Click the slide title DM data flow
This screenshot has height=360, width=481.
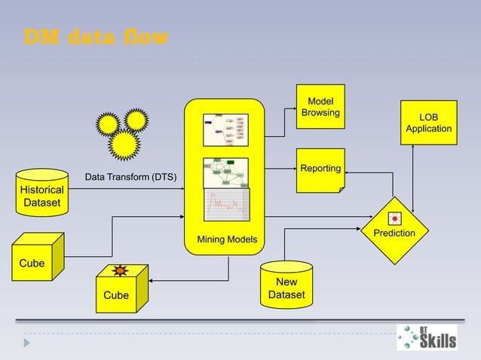coord(97,37)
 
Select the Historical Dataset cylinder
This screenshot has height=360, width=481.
coord(41,193)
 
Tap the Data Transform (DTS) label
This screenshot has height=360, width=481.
coord(130,178)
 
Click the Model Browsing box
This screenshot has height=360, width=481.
coord(320,107)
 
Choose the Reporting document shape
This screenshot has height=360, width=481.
coord(320,170)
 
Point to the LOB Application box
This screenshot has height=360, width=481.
coord(428,124)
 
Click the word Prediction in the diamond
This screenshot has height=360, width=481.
coord(394,233)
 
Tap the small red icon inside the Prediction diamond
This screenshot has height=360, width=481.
coord(394,219)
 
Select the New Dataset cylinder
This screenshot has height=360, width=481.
coord(286,285)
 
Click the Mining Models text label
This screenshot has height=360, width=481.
coord(227,240)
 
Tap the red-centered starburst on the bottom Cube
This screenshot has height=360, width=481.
coord(119,270)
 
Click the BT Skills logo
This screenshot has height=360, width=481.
coord(427,337)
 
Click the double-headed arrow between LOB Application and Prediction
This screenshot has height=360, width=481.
coord(414,173)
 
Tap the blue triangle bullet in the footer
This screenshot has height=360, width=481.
coord(28,343)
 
